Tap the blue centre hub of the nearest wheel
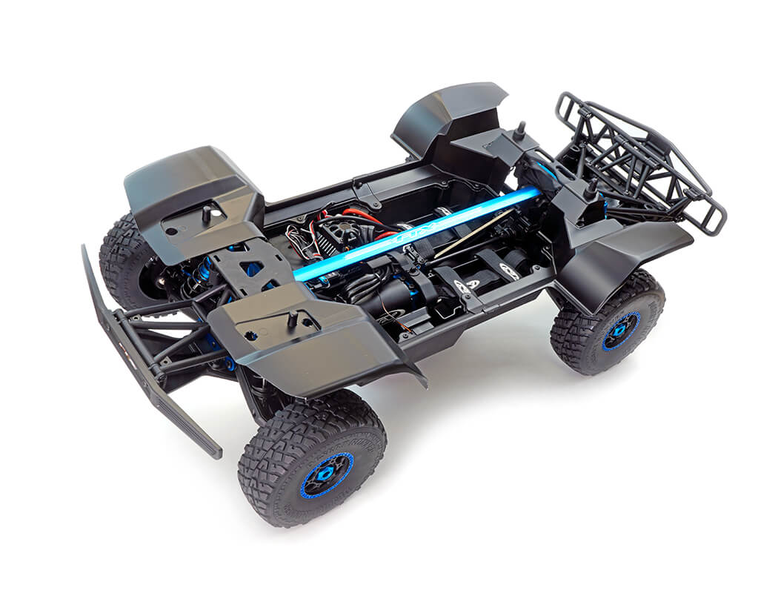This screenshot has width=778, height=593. point(327,475)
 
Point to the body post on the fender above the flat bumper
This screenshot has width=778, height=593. point(206,213)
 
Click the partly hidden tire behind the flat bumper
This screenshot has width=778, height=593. point(122,256)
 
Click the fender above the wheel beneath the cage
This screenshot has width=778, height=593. point(626,256)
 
